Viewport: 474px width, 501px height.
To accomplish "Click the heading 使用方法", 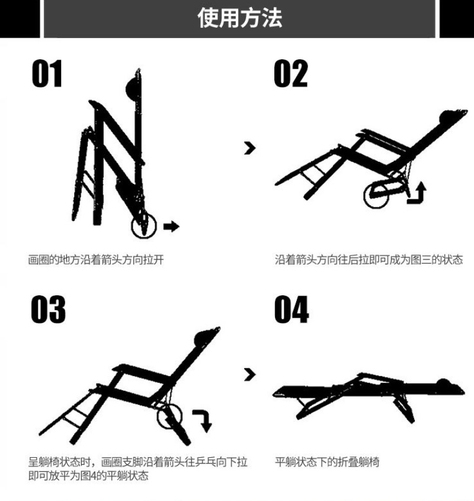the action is [239, 18].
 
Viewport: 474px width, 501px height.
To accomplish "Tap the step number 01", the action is [47, 74].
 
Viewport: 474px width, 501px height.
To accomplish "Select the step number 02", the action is [291, 74].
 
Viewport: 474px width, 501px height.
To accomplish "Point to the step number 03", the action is [48, 309].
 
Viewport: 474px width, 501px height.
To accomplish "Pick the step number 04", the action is [292, 309].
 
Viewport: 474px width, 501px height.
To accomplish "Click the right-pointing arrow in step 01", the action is [171, 226].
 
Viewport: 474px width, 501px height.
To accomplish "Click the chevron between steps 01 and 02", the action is [250, 148].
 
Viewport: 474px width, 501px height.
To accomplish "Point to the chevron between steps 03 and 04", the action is [250, 375].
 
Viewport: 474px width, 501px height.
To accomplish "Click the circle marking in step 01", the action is [144, 213].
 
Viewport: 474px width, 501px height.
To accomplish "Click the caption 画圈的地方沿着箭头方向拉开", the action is [96, 260].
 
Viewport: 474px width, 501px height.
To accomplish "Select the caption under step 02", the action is [369, 260].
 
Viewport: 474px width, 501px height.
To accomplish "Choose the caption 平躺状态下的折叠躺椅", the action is [327, 462].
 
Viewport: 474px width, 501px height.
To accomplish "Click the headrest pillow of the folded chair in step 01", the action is [132, 89].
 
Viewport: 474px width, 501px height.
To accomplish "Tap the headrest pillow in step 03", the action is [203, 338].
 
